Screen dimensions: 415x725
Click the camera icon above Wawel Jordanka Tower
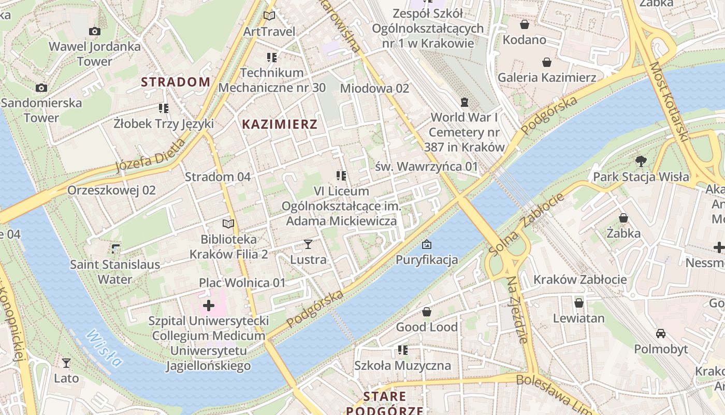tap(94, 32)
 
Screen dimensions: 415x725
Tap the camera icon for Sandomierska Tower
tap(41, 88)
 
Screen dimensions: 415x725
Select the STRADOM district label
tap(176, 82)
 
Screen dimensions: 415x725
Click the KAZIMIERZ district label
tap(280, 125)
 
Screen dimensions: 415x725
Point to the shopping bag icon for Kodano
tap(524, 24)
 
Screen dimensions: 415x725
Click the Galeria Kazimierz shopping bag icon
tap(546, 63)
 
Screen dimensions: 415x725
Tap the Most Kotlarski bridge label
tap(669, 102)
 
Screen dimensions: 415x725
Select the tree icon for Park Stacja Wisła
tap(641, 161)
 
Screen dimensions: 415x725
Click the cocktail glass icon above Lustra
tap(308, 244)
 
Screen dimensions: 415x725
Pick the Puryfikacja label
tap(427, 259)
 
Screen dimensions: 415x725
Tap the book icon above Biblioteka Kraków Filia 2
tap(228, 224)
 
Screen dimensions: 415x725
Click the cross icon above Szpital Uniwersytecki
tap(208, 306)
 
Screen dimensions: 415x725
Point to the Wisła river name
tap(104, 348)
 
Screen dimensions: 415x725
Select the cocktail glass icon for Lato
tap(66, 363)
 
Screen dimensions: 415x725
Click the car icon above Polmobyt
tap(661, 334)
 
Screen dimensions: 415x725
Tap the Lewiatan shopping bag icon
tap(578, 303)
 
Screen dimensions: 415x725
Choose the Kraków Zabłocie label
tap(580, 280)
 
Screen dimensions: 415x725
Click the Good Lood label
tap(427, 327)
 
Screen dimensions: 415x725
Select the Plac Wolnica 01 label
tap(242, 283)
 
